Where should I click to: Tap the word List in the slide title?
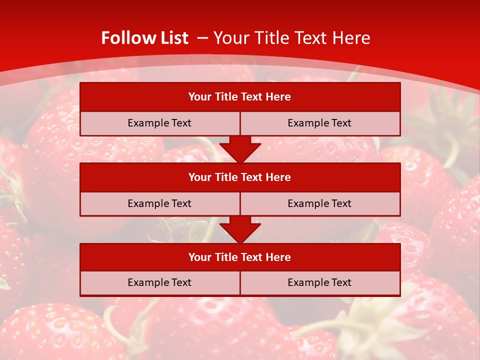(172, 38)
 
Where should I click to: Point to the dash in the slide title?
(202, 38)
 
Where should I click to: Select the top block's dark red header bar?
(240, 97)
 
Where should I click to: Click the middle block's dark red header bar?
(240, 177)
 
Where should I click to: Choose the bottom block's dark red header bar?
(240, 257)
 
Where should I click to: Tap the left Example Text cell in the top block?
(159, 123)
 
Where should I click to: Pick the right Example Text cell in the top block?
(320, 123)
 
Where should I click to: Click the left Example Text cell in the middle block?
(159, 203)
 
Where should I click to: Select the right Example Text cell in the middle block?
(320, 203)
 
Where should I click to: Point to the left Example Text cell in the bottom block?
(159, 282)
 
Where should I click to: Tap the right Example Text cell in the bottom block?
(320, 282)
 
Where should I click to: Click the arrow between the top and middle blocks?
(240, 149)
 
